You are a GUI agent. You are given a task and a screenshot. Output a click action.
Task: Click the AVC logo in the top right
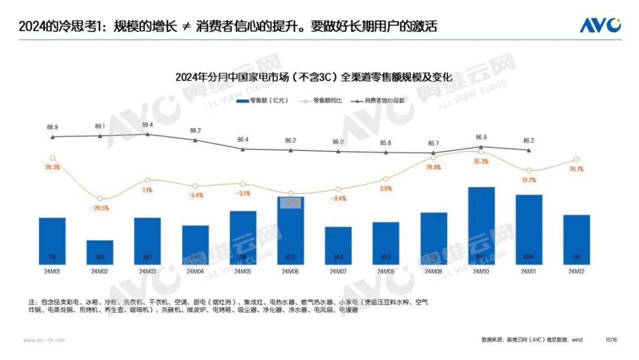(x=600, y=25)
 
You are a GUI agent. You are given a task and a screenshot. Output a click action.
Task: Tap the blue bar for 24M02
(x=100, y=253)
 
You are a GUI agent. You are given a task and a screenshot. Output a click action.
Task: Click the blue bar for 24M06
(x=291, y=231)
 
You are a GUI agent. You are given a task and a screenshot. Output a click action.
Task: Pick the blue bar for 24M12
(x=576, y=240)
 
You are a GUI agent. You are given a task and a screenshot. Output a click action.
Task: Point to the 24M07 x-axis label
(x=338, y=272)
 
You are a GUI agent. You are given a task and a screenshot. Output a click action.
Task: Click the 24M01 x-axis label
(x=52, y=272)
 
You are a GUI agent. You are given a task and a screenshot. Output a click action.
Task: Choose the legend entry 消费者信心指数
(x=378, y=100)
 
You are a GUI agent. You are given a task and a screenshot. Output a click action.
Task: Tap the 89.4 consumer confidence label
(x=147, y=125)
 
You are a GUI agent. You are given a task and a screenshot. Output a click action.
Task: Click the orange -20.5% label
(x=100, y=208)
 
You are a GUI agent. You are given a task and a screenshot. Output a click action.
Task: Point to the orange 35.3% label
(x=481, y=162)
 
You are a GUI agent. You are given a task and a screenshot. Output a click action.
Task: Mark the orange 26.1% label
(x=576, y=169)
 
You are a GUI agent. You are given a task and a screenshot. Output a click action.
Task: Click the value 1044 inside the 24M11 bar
(x=528, y=258)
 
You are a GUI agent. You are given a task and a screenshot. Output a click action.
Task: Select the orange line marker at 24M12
(x=576, y=159)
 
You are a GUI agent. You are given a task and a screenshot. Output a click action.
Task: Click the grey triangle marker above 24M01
(x=53, y=137)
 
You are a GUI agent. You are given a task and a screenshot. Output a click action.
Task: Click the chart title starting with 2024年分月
(x=314, y=78)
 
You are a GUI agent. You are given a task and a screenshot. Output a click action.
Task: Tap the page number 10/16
(x=611, y=340)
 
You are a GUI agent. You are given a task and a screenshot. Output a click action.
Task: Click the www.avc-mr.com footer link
(x=44, y=340)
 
